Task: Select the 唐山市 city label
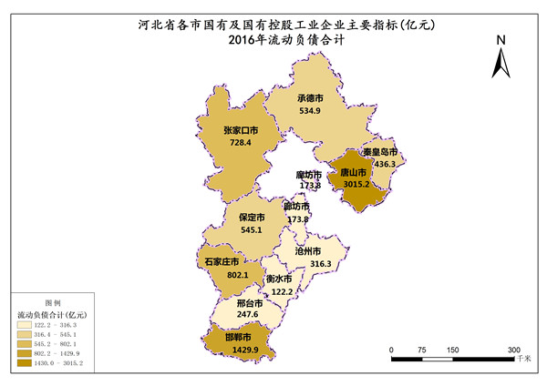(x=354, y=171)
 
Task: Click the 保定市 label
(x=252, y=218)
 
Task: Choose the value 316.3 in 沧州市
(x=321, y=263)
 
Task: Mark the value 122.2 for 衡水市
(x=281, y=291)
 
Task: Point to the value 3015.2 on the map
(x=356, y=183)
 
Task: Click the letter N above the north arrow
(x=501, y=40)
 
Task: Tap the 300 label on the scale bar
(x=513, y=350)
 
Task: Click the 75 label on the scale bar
(x=422, y=350)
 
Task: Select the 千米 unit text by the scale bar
(x=523, y=361)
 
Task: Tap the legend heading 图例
(x=53, y=302)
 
